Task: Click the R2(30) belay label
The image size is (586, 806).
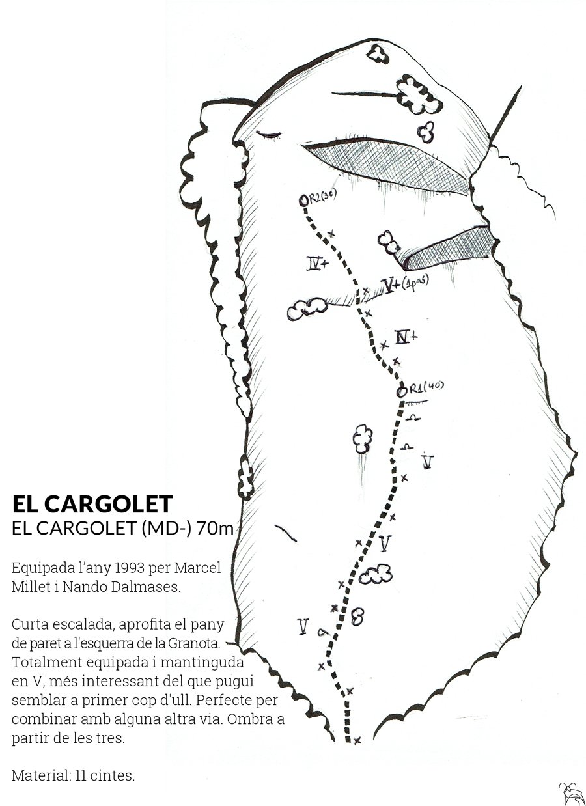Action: point(322,197)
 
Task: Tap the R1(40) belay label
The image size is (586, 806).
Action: point(426,387)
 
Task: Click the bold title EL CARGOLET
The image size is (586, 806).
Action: point(92,503)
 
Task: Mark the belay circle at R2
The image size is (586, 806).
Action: point(304,201)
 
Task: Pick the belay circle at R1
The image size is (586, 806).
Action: point(401,391)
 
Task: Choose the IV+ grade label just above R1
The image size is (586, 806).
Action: point(406,337)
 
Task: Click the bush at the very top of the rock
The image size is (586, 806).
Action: point(378,53)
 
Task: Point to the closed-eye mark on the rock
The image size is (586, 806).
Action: point(268,135)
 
